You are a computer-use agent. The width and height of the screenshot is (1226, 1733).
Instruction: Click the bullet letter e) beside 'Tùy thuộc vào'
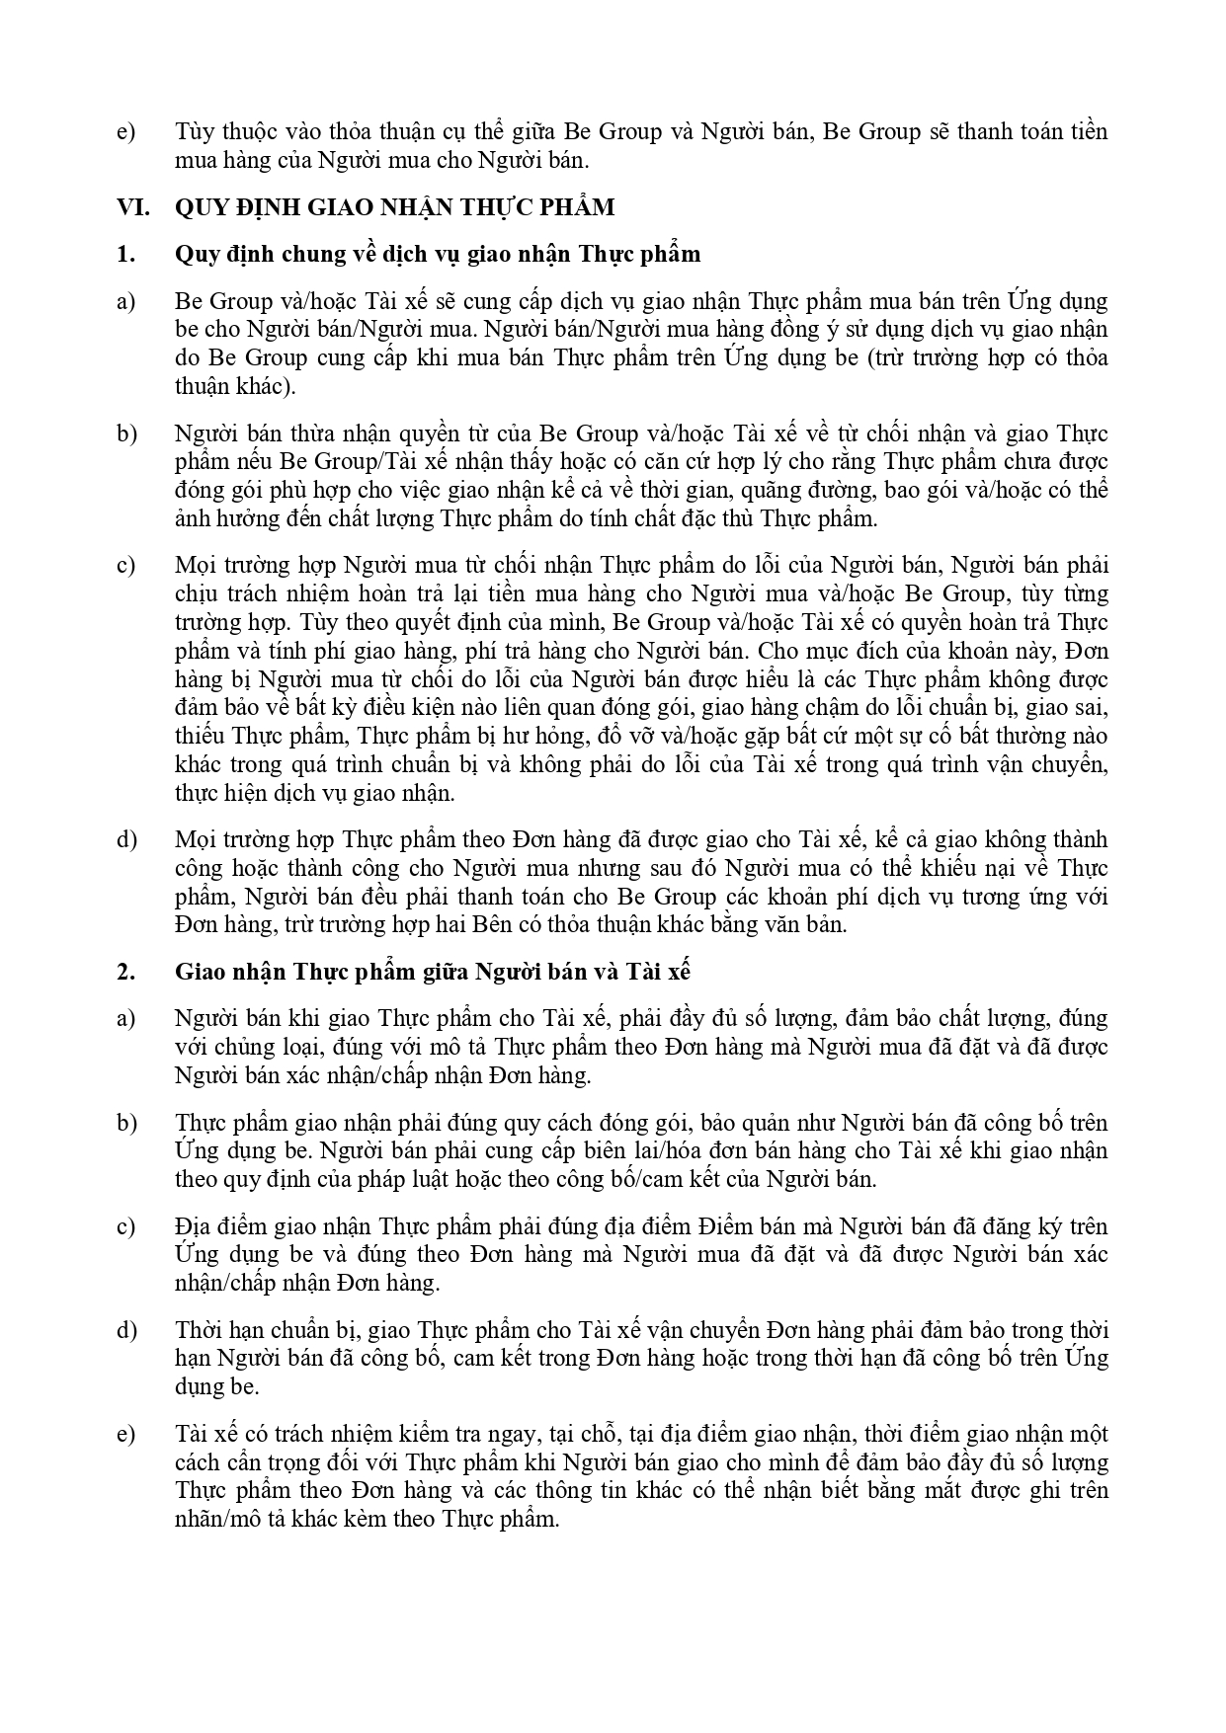tap(125, 131)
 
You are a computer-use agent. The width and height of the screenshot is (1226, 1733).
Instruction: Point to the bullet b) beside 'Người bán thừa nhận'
tap(126, 433)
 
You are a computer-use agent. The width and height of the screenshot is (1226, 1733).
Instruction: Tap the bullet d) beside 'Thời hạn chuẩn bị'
tap(126, 1330)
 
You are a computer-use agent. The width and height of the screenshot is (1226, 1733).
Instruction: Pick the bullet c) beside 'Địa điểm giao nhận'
tap(125, 1226)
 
